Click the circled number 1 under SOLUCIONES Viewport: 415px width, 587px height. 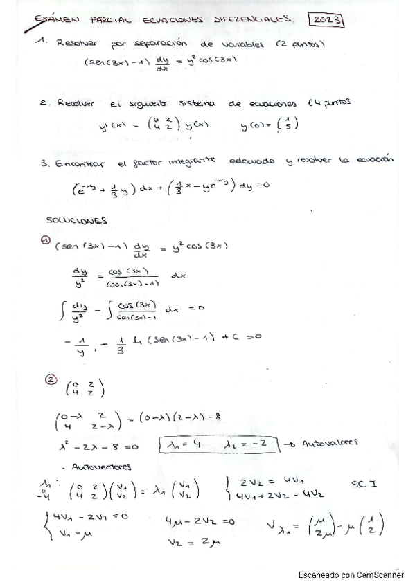coord(45,240)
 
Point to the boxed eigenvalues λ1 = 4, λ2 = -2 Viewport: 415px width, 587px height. coord(218,443)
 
